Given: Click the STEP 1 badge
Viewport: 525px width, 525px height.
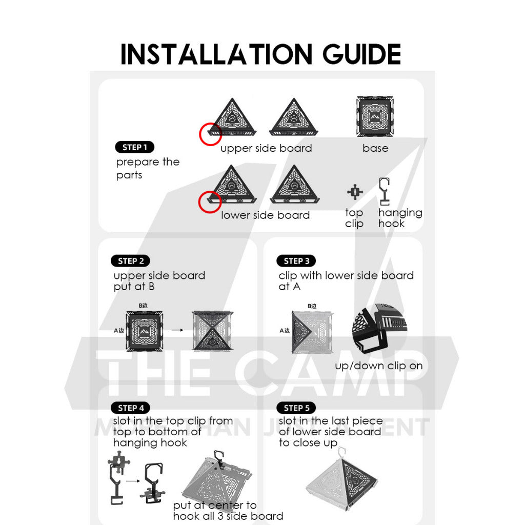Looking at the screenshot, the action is (x=135, y=147).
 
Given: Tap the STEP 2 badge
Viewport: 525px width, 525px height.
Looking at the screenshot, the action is (x=131, y=261).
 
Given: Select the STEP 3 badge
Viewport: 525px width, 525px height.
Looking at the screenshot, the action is (x=296, y=261).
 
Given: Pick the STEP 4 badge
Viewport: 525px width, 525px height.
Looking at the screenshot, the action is (x=131, y=408).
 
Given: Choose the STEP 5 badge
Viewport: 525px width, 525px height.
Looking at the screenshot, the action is (x=296, y=408).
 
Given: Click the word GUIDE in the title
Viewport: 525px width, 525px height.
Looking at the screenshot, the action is (x=361, y=54).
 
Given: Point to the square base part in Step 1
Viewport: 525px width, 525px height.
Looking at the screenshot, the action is (x=375, y=116).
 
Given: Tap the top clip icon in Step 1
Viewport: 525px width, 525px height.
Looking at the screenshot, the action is (x=355, y=192).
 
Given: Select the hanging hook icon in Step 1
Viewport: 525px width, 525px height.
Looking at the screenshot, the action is (x=384, y=192).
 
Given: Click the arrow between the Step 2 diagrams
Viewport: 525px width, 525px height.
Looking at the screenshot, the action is (x=177, y=330).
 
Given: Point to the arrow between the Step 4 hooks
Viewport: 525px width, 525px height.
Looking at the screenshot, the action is (x=133, y=481).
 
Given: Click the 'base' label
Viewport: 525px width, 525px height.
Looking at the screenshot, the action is (x=375, y=148).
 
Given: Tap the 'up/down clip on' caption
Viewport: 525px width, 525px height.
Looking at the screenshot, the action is (x=379, y=366).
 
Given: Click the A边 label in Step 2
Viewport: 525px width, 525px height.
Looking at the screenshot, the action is (x=119, y=331).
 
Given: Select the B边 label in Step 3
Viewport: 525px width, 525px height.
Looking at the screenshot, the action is (x=312, y=306).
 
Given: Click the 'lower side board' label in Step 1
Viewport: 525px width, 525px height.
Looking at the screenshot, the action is (x=265, y=215).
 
